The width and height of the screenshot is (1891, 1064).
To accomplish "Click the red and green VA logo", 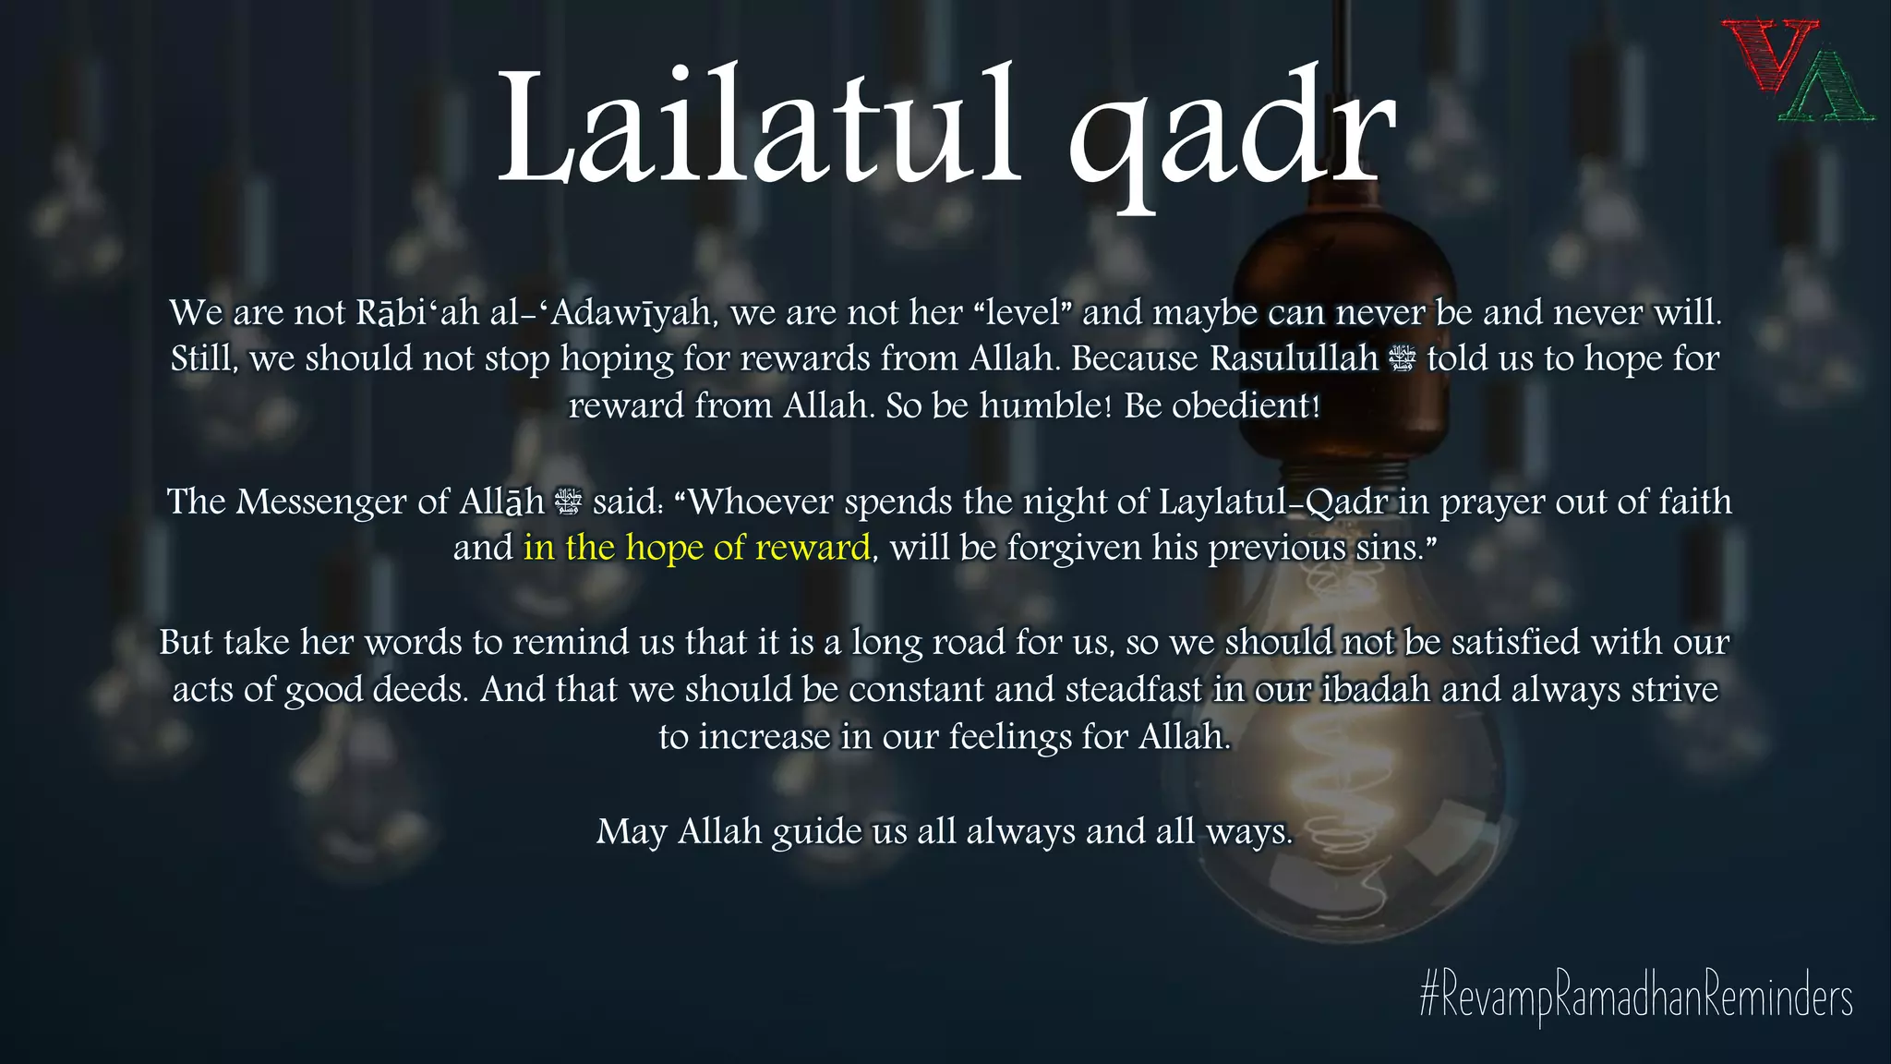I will tap(1795, 72).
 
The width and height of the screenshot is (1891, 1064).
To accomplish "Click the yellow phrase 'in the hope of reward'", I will tap(697, 548).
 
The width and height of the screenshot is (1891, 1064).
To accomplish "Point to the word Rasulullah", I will tap(1294, 358).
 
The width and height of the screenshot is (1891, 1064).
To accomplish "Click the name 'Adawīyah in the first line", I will tap(632, 312).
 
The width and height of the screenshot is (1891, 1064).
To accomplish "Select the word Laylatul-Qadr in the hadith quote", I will tap(1273, 502).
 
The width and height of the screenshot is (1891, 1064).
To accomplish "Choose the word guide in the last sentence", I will tap(816, 832).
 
